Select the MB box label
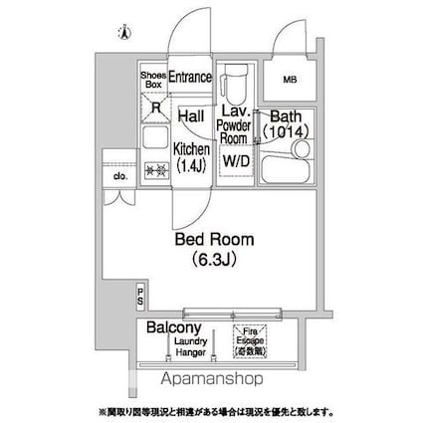tap(290, 79)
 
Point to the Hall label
tap(190, 117)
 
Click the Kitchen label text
tap(191, 148)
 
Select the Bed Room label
tap(214, 240)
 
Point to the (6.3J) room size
tap(215, 261)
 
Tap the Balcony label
tap(174, 327)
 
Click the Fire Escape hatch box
tap(250, 341)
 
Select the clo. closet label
tap(118, 177)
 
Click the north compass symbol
tap(122, 31)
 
